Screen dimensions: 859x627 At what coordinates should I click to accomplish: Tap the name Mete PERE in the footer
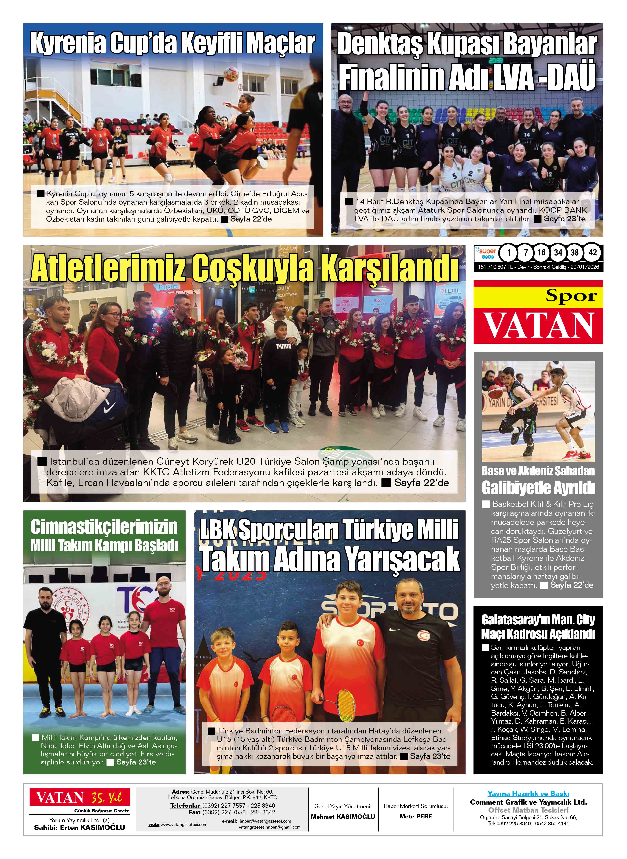(x=416, y=816)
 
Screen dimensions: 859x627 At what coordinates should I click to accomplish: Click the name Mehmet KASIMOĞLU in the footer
(x=343, y=817)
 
